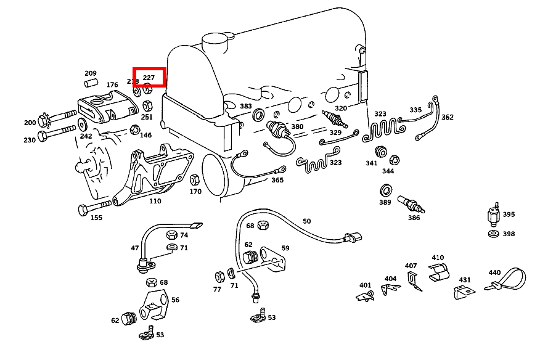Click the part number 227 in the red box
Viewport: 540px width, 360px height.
point(149,78)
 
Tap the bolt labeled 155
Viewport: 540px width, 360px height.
point(92,208)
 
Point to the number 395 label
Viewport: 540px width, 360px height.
point(509,215)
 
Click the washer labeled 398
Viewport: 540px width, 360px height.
point(493,234)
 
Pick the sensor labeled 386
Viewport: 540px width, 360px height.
point(406,202)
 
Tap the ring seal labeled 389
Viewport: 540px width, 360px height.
point(386,188)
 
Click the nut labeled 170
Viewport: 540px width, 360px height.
point(194,181)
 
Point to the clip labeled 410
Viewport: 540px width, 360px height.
point(438,272)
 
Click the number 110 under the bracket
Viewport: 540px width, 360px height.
point(155,202)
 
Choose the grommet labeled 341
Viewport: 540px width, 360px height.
point(380,152)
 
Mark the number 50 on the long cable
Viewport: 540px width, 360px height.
point(306,221)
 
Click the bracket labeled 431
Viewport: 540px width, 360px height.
point(464,291)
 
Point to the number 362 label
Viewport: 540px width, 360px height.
point(448,117)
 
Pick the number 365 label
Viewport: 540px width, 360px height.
point(277,180)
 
